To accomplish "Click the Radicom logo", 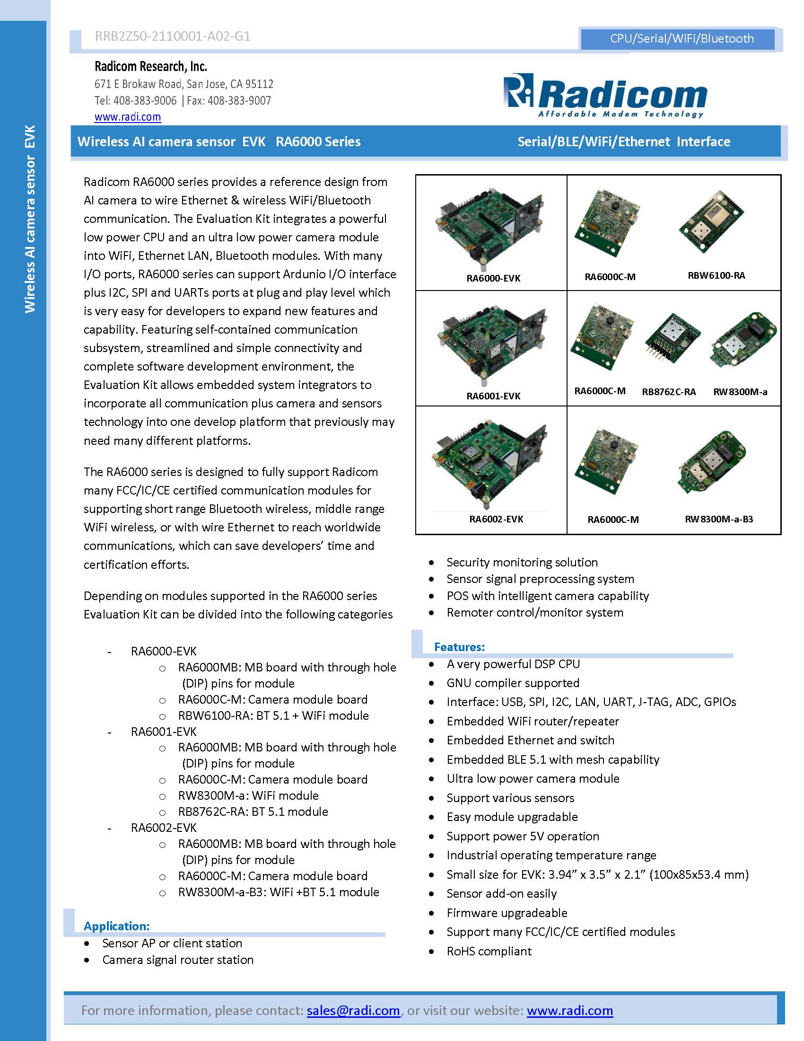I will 604,95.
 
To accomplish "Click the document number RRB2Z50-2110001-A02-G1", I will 173,36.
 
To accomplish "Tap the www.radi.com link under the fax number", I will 128,117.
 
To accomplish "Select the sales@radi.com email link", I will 353,1010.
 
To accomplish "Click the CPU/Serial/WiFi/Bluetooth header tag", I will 682,39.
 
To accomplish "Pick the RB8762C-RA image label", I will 668,392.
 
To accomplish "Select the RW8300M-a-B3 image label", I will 719,519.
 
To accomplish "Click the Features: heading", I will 459,647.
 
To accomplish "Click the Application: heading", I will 117,926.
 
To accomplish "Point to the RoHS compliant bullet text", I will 489,951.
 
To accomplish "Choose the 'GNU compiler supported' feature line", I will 513,682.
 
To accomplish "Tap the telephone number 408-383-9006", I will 145,101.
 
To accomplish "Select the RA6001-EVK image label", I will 493,396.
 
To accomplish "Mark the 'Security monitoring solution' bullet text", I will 522,562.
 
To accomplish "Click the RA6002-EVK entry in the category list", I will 163,828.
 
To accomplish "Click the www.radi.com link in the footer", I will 570,1010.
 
